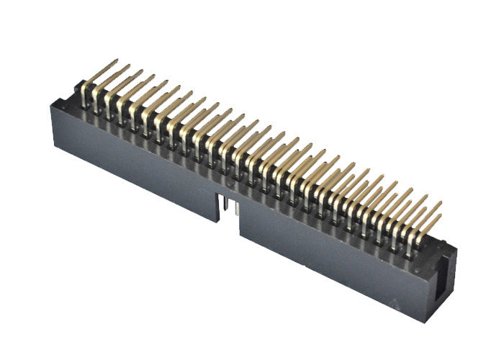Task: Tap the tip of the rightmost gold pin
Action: [440, 204]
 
